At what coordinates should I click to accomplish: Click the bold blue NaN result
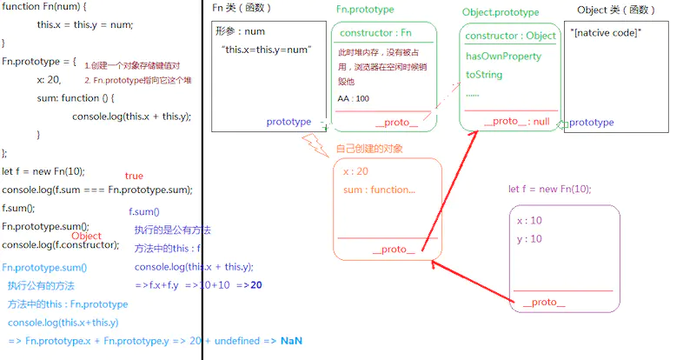(291, 340)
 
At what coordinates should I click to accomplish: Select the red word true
(134, 176)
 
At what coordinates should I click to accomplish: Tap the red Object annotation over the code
(86, 236)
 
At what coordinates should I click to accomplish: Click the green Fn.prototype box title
(365, 10)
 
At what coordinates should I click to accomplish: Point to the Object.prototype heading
(501, 13)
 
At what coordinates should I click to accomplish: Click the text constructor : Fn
(375, 33)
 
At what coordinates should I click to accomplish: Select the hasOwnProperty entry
(503, 57)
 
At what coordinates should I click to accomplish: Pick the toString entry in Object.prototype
(484, 75)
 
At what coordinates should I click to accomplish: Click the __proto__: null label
(516, 122)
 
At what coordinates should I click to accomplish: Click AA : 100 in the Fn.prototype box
(354, 98)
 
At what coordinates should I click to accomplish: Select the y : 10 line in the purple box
(529, 239)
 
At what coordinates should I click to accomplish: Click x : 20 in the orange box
(355, 171)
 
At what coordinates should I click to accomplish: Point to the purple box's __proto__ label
(544, 303)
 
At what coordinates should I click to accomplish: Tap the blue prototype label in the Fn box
(288, 123)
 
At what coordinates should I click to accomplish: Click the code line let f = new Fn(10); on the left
(43, 171)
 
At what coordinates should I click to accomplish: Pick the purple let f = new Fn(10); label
(550, 190)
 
